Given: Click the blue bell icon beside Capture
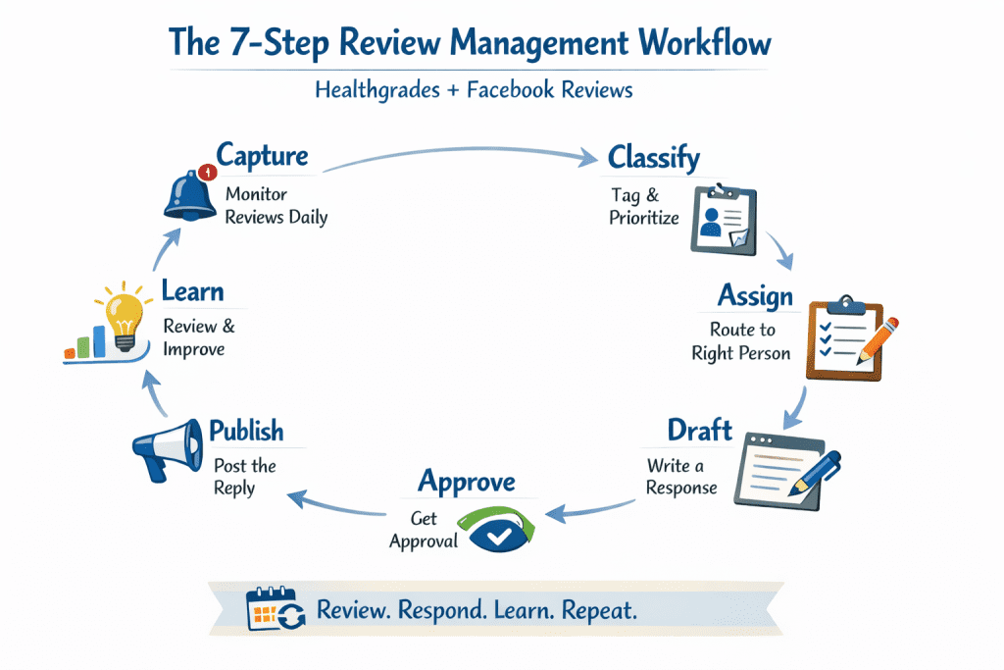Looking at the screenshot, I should tap(187, 193).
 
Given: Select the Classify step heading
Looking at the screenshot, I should tap(653, 157).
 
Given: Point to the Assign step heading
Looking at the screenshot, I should tap(754, 294).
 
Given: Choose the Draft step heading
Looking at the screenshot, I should tap(699, 430).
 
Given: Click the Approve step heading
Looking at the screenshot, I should tap(466, 481).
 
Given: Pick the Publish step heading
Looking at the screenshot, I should tap(246, 431).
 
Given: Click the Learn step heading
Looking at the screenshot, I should tap(192, 291).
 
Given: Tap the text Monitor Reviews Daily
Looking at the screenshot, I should tap(276, 205).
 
